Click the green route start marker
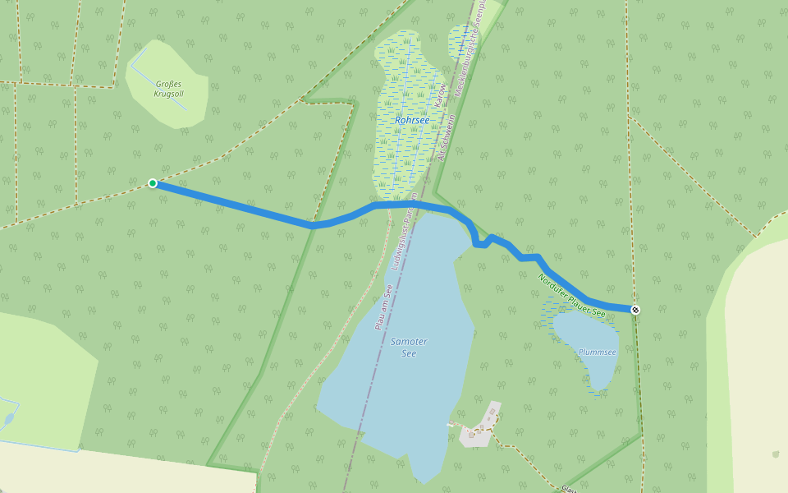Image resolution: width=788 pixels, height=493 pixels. (153, 183)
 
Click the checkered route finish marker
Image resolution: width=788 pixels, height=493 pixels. (635, 310)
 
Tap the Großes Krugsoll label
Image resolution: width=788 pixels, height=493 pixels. (168, 89)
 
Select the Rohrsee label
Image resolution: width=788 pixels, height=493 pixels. (412, 120)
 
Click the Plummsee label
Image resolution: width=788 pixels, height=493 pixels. (597, 352)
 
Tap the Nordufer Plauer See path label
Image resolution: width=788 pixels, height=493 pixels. (572, 296)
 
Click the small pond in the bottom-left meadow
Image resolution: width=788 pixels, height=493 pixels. (8, 419)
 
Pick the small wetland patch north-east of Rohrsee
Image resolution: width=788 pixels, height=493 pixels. (461, 41)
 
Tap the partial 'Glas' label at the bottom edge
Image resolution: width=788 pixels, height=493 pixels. (569, 489)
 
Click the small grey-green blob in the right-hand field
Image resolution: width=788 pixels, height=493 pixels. (776, 454)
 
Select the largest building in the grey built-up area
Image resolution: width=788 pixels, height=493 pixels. (492, 410)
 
